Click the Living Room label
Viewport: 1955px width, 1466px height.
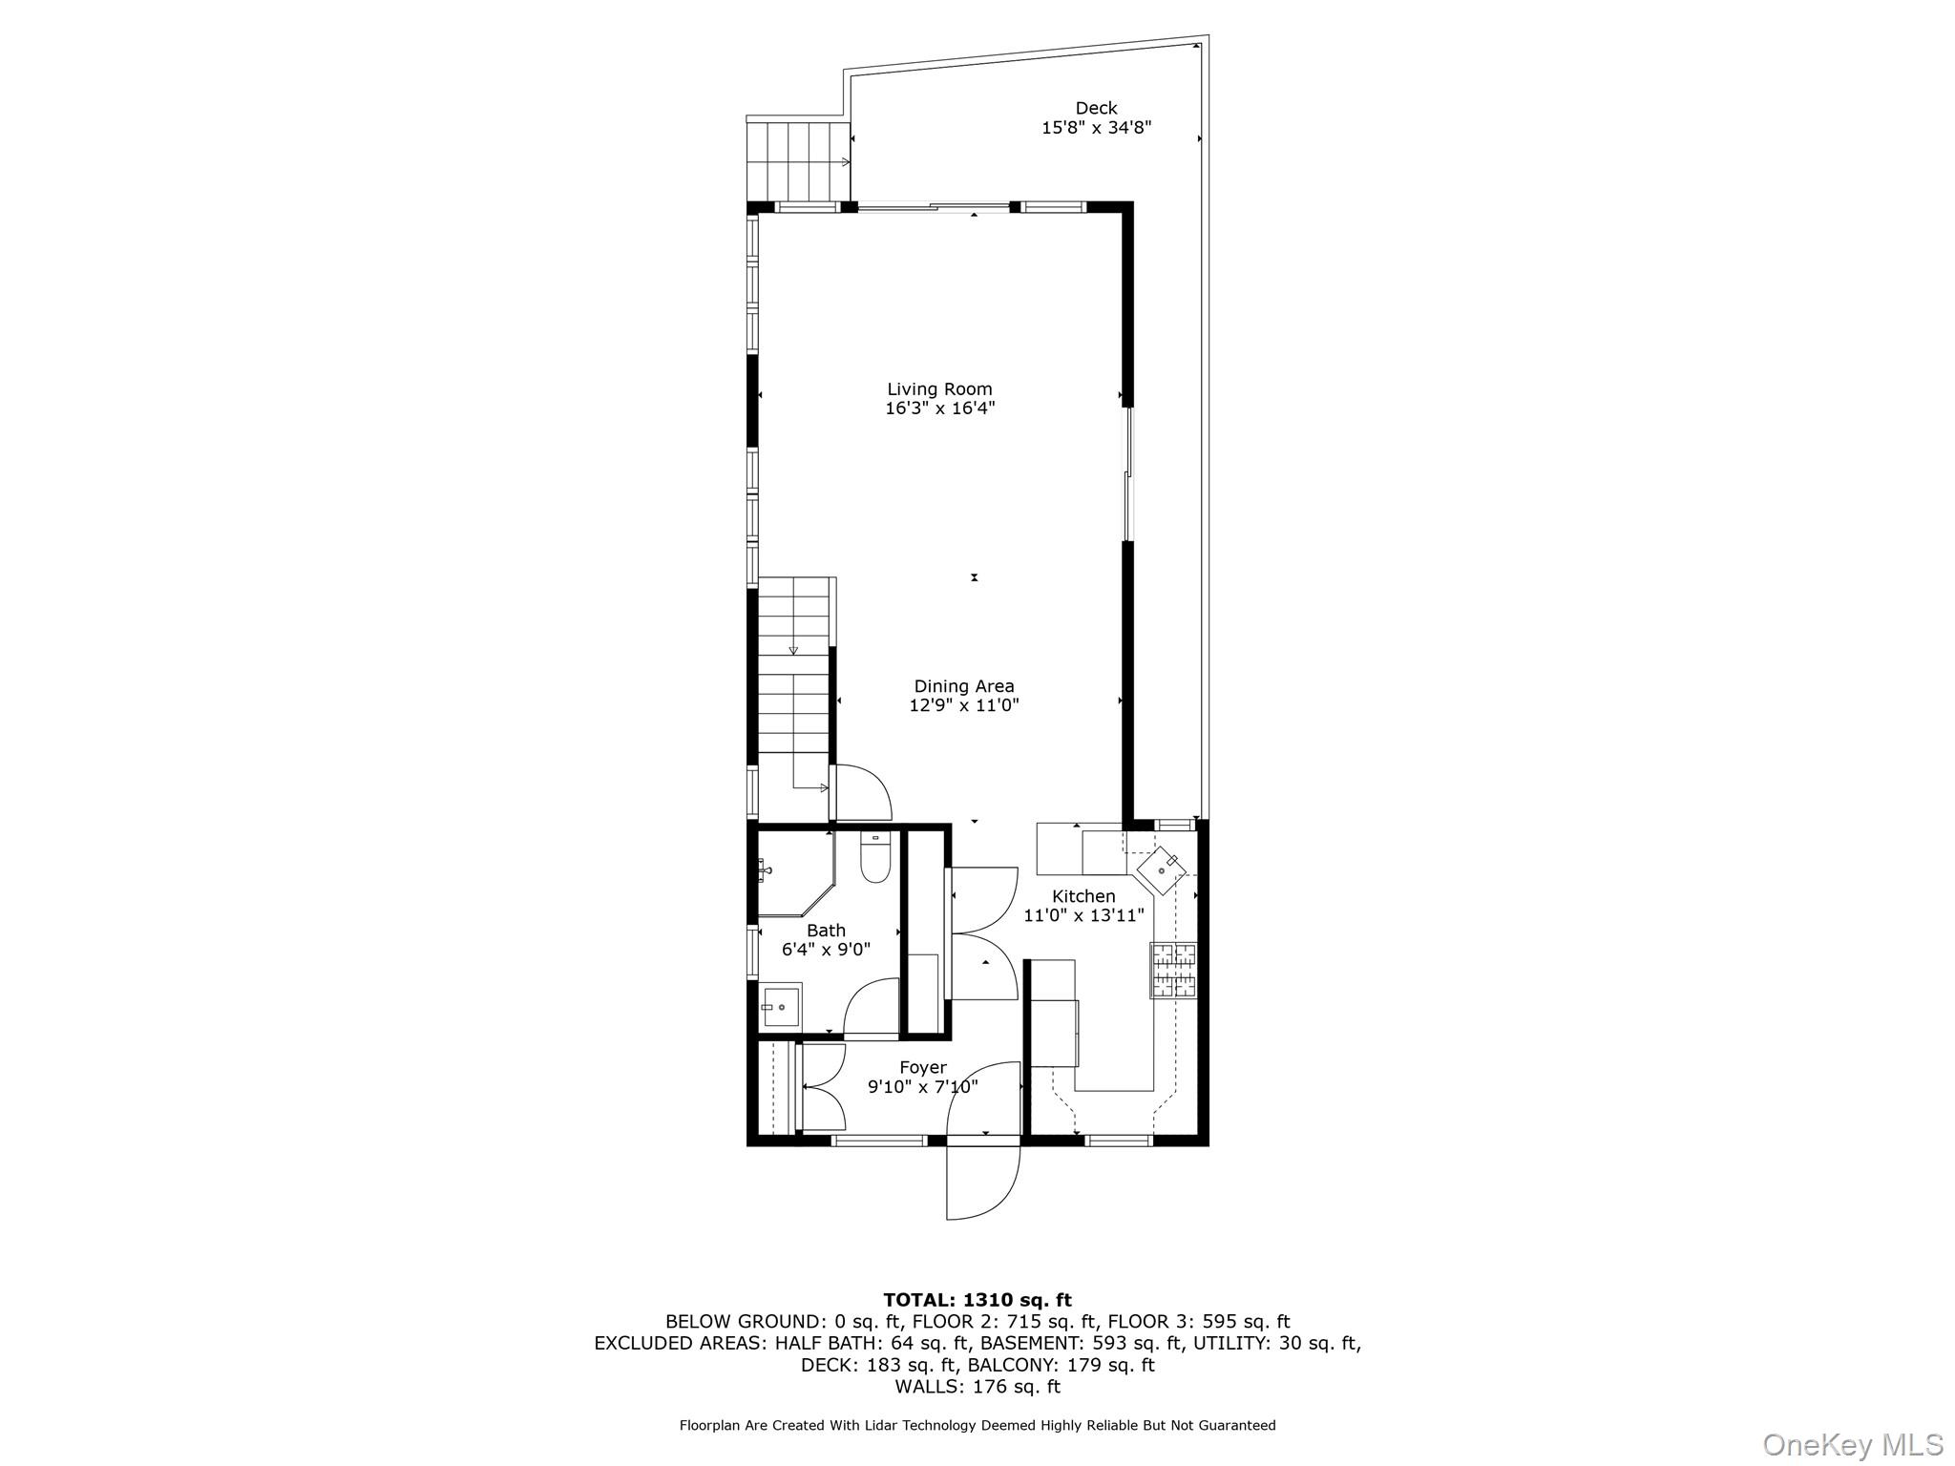coord(939,388)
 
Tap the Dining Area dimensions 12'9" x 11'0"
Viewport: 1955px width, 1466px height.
coord(964,705)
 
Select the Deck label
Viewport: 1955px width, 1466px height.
coord(1096,108)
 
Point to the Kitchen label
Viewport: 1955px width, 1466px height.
coord(1083,896)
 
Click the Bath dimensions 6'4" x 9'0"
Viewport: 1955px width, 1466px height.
coord(826,950)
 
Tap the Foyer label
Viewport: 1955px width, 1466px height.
coord(922,1067)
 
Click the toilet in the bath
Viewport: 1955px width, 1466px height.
coord(874,857)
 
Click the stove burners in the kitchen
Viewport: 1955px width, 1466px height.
coord(1173,970)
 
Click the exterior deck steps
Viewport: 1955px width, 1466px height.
coord(798,159)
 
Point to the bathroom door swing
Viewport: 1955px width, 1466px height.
coord(871,1007)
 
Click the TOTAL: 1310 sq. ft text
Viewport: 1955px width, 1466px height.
coord(977,1300)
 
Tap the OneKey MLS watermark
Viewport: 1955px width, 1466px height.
coord(1853,1443)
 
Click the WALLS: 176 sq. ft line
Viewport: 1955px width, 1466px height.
coord(977,1387)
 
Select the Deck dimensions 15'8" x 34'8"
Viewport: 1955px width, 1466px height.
coord(1096,128)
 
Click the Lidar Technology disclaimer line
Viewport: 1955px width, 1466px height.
coord(977,1426)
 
